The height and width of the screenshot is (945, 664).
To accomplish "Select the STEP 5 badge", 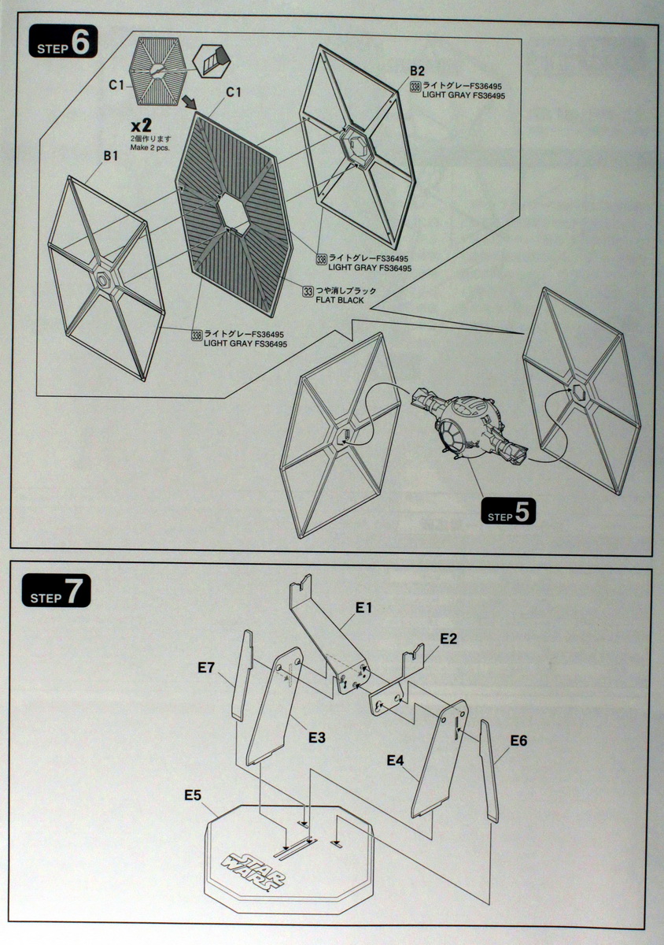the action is coord(508,513).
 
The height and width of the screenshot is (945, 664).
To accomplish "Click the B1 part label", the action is coord(111,156).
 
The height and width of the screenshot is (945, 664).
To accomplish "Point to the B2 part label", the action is coord(417,72).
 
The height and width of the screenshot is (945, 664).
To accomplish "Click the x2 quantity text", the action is coord(142,125).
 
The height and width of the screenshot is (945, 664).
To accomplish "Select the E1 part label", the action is coord(363,607).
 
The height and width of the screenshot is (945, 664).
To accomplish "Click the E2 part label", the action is coord(448,639).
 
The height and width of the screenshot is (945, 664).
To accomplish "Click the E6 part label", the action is coord(518,740).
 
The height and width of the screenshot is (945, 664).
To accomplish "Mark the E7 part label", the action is coord(206,669).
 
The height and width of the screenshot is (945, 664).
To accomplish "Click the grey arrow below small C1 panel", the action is coord(189,102).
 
